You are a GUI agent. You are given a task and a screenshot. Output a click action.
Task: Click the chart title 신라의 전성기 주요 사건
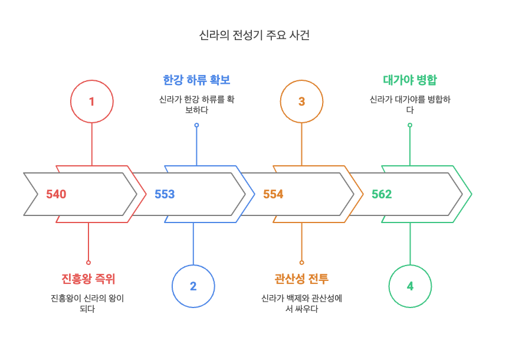[254, 35]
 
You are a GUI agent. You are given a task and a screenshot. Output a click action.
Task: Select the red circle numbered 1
[91, 102]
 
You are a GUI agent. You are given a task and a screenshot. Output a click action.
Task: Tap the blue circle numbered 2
[193, 286]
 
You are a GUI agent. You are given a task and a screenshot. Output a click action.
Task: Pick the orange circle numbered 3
[301, 102]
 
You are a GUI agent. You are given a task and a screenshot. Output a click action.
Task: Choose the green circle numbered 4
[410, 286]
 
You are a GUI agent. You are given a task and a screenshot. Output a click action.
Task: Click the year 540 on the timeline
[56, 194]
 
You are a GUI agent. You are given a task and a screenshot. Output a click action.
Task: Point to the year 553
[165, 194]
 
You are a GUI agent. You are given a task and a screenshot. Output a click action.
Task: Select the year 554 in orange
[273, 194]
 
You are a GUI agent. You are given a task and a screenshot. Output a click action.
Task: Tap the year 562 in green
[382, 194]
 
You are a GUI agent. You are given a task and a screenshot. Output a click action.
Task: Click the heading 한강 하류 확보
[196, 80]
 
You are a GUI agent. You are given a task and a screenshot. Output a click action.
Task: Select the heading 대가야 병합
[410, 80]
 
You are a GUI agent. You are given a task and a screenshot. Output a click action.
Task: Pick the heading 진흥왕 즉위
[88, 279]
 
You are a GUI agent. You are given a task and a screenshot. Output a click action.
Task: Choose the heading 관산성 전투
[301, 279]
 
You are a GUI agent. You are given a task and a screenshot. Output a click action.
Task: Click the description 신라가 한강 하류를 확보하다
[196, 104]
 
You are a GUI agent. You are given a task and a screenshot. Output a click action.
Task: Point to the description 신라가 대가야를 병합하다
[410, 104]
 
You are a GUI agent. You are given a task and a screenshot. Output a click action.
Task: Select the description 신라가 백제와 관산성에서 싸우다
[301, 303]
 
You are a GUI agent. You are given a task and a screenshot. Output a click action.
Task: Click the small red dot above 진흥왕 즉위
[88, 262]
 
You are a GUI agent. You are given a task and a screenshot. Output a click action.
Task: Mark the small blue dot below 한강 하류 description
[196, 125]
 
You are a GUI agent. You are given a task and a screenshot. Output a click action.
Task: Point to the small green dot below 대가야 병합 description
[410, 125]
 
